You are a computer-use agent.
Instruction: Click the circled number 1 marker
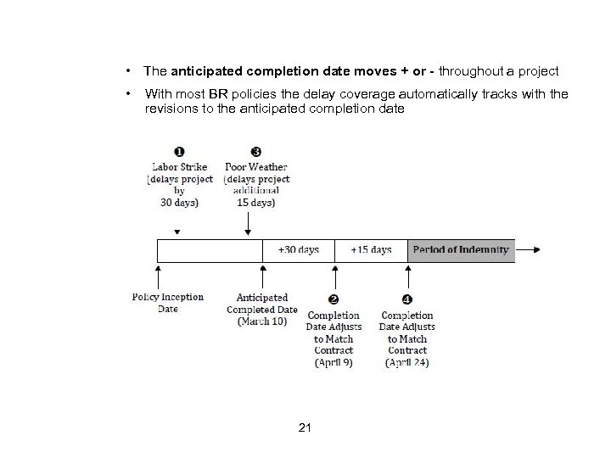[181, 152]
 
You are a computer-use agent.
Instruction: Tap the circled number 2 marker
[334, 299]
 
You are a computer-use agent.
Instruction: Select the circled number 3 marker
[256, 152]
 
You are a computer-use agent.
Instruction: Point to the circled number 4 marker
[406, 299]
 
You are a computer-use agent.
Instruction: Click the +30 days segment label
[299, 249]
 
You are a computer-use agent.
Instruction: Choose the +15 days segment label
[372, 249]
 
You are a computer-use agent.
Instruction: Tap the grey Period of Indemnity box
[462, 249]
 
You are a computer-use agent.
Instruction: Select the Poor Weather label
[256, 166]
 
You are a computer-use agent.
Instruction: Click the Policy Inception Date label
[167, 303]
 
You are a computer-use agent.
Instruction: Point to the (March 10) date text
[262, 321]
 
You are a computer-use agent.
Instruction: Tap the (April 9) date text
[334, 362]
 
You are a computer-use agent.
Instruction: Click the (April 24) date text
[407, 362]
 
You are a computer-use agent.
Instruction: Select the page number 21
[305, 427]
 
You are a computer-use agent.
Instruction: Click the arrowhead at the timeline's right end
[535, 249]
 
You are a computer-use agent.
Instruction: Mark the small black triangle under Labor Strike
[176, 231]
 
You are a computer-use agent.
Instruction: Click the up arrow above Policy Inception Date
[158, 270]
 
